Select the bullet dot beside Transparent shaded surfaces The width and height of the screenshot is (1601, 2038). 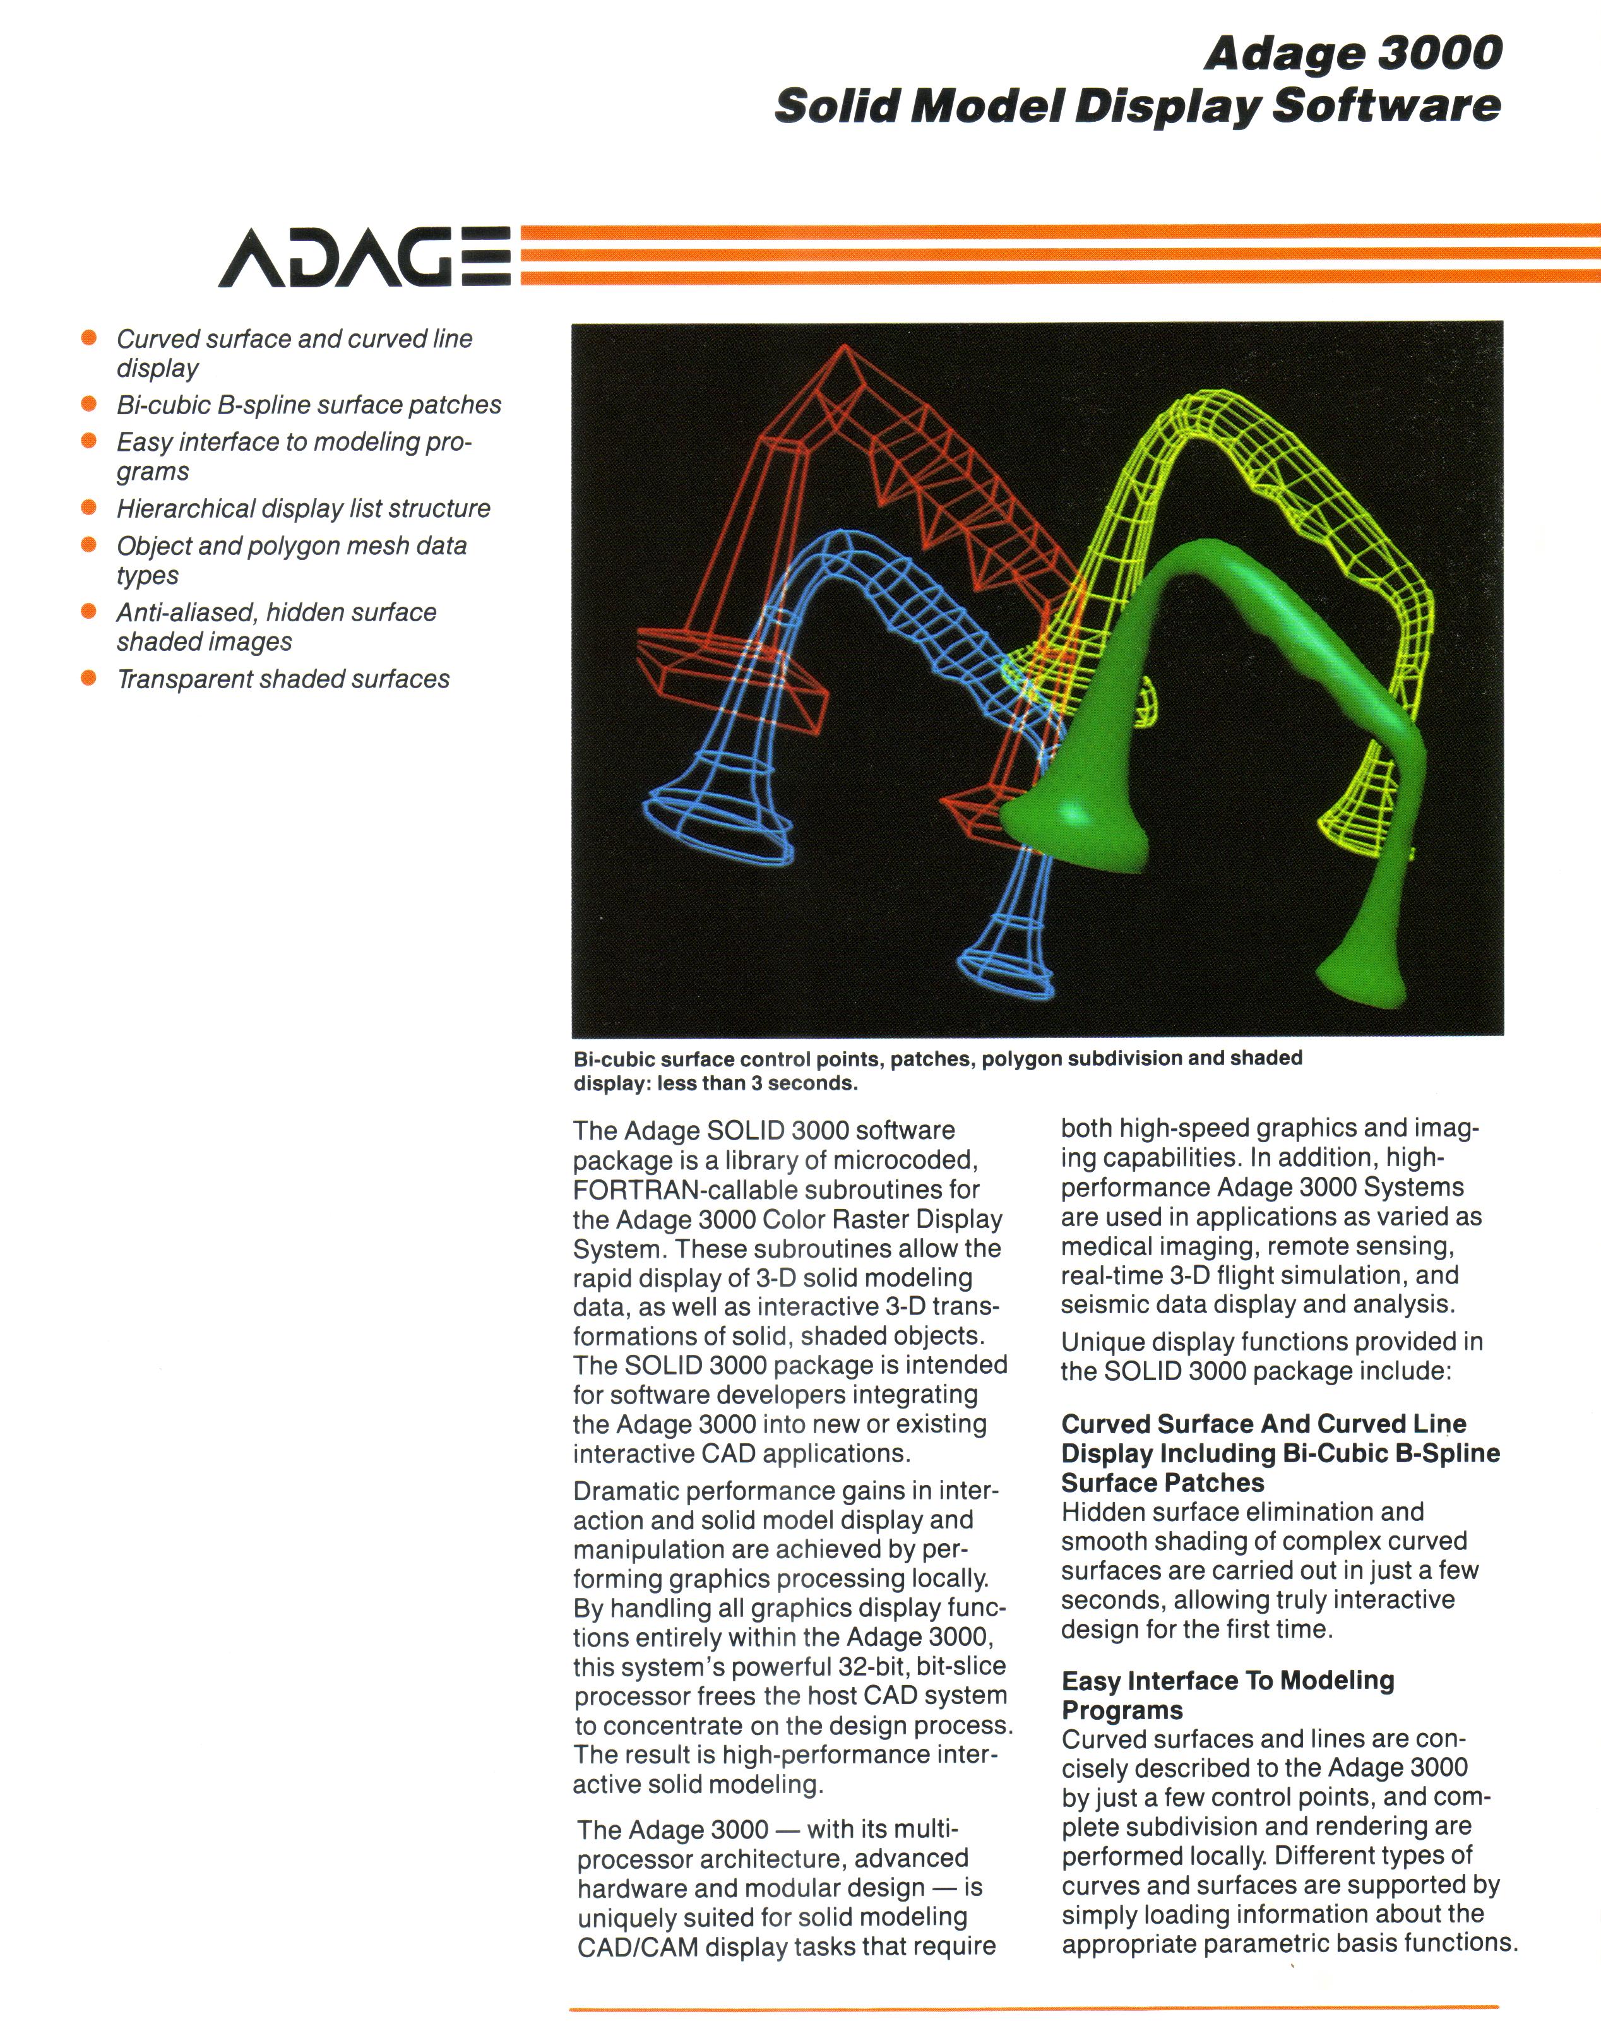(89, 678)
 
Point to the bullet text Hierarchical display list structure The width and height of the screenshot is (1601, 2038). (303, 508)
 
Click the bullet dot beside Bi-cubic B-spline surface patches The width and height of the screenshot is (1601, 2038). (89, 404)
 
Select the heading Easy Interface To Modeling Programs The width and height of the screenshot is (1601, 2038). (1227, 1695)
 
